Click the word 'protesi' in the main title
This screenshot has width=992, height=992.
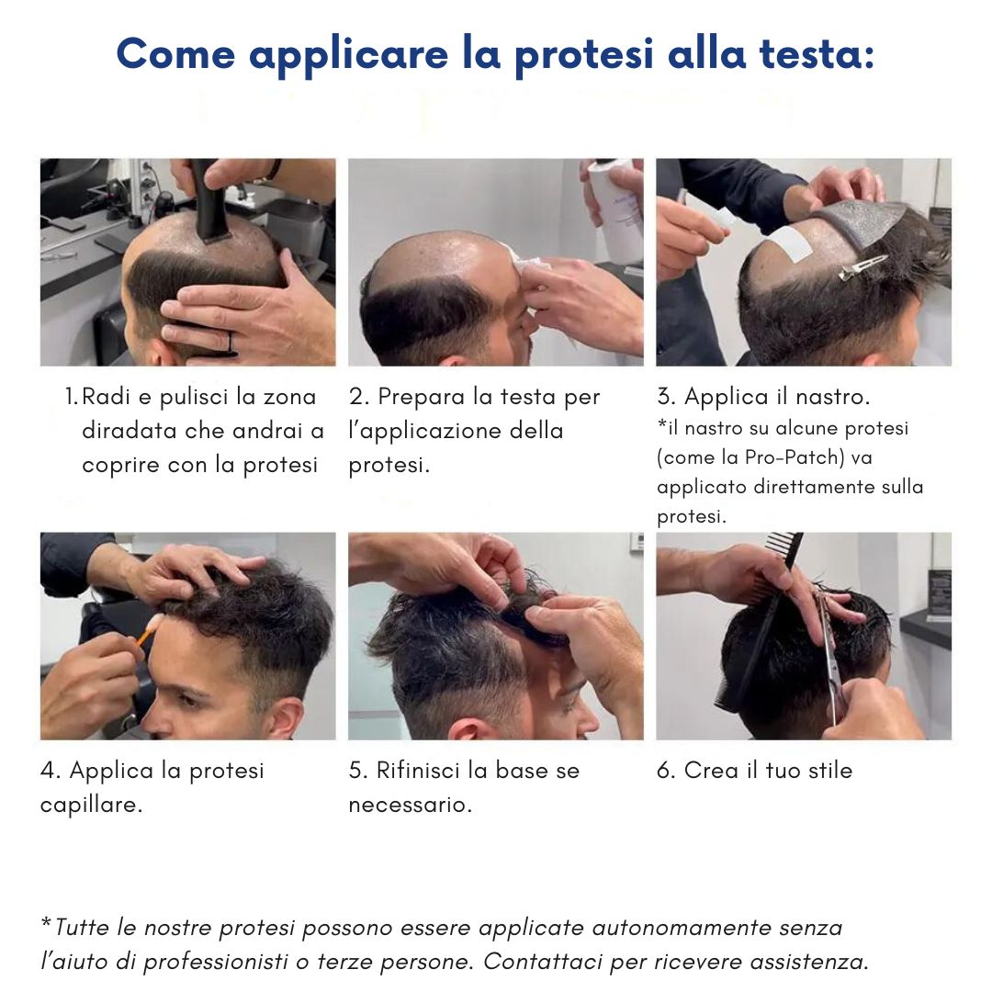point(583,55)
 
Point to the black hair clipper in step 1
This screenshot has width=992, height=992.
point(207,201)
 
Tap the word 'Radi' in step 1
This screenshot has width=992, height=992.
point(106,397)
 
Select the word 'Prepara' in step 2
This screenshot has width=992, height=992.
point(421,398)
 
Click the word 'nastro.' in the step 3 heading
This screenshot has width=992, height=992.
point(832,397)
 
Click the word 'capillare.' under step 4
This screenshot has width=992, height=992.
point(92,806)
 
